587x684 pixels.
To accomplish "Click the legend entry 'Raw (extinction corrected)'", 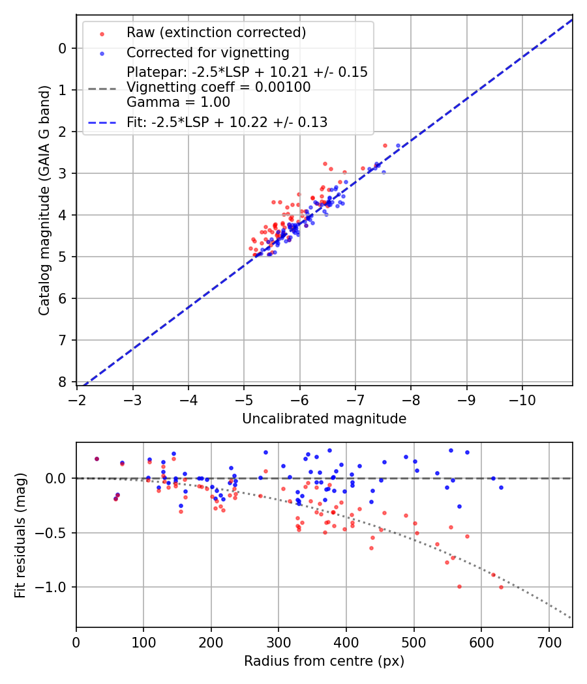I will click(x=216, y=33).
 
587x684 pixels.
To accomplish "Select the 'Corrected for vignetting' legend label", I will click(x=207, y=53).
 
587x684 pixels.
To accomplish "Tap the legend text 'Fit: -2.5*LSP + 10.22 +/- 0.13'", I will click(x=227, y=122).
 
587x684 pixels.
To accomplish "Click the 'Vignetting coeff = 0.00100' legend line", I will click(x=218, y=87).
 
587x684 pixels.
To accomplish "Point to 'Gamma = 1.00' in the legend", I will click(x=178, y=102).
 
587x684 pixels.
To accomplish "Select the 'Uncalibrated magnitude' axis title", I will click(x=324, y=419).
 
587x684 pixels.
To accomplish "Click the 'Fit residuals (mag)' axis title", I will click(x=20, y=535).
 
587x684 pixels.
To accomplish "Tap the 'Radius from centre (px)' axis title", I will click(x=324, y=661).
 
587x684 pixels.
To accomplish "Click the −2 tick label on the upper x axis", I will click(x=78, y=398).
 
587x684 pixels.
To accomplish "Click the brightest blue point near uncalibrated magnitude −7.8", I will click(x=398, y=146).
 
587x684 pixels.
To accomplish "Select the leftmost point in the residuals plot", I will click(x=97, y=459).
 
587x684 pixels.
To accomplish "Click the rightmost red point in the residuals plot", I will click(x=501, y=587).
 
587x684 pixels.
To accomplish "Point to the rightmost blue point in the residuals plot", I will click(x=501, y=487).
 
